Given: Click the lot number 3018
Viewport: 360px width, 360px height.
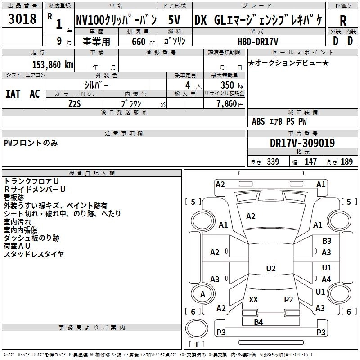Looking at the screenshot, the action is point(22,19).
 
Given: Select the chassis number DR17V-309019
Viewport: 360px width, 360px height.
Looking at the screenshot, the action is point(302,143).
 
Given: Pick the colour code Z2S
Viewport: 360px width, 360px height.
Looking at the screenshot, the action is point(75,103).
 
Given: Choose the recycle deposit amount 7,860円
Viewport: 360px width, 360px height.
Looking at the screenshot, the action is point(230,103).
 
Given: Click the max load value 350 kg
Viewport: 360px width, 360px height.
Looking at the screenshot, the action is point(230,85).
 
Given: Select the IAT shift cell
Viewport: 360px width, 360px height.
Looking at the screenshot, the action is point(13,94).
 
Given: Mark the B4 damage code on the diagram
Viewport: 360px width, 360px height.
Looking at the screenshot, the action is point(258,321).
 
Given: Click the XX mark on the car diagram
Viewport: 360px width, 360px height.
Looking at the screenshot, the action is point(253,299).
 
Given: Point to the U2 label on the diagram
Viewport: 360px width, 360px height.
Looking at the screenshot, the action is point(270,269).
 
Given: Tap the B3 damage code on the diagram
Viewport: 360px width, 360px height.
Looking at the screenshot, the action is point(327,241).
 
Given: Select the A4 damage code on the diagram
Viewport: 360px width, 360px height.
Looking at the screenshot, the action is point(327,279).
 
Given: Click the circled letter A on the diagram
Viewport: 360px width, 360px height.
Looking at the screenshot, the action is point(202,294).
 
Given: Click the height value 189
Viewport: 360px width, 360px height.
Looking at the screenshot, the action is point(346,162).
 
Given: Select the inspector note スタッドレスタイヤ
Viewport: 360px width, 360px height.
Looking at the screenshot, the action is point(34,254).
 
